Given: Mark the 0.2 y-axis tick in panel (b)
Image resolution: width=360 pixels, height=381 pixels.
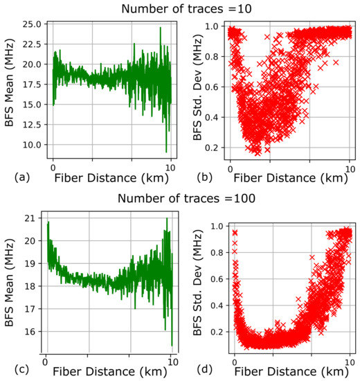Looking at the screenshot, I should [218, 148].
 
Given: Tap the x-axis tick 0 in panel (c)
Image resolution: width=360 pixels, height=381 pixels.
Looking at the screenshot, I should [45, 359].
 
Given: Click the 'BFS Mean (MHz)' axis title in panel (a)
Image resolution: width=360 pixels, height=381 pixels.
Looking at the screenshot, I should [10, 90].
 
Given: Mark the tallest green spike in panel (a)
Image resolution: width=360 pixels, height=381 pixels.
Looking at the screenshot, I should [160, 28].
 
